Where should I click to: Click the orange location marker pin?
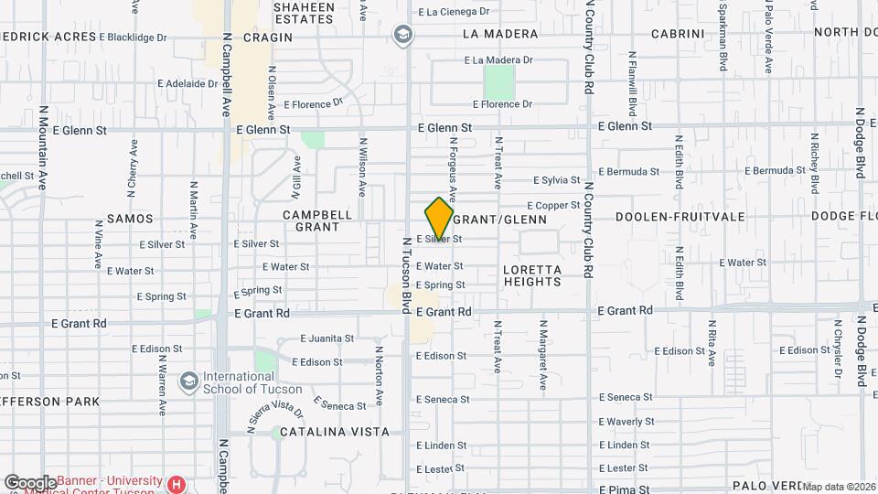439,219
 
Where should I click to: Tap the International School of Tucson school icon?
189,380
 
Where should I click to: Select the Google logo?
29,482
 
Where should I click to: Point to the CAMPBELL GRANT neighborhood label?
317,220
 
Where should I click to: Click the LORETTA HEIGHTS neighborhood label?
531,275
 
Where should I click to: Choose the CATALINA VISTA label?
335,431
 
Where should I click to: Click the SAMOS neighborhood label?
130,219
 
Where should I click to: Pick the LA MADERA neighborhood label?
500,34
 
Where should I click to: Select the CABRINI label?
676,34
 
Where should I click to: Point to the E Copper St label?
554,206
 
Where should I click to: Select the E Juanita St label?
326,338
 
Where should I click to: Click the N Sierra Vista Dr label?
275,417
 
